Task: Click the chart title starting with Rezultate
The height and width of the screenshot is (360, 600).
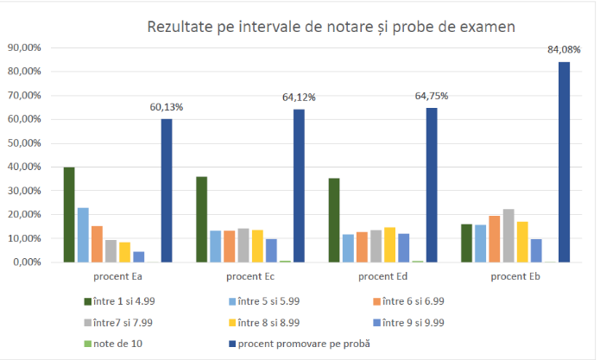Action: pos(331,27)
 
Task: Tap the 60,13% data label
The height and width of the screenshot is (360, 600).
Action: pos(167,107)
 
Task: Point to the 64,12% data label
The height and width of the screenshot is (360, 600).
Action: pos(299,98)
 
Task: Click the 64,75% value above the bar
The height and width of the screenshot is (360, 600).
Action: pos(432,96)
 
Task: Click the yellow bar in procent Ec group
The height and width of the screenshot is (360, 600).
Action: pos(257,245)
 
